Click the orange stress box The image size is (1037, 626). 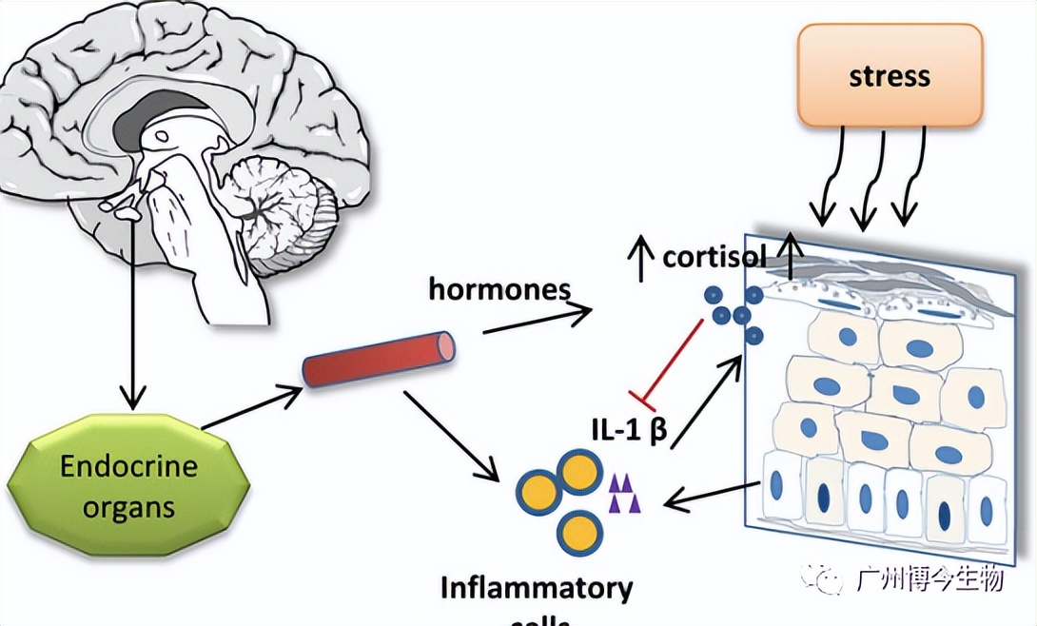pos(889,75)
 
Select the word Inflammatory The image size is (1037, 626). pos(537,587)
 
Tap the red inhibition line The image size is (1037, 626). pos(670,361)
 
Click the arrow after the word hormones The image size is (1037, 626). pos(538,317)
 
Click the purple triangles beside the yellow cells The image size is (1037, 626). pos(625,496)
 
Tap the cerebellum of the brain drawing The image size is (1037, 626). pos(281,205)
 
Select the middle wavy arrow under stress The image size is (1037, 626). pos(866,181)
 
